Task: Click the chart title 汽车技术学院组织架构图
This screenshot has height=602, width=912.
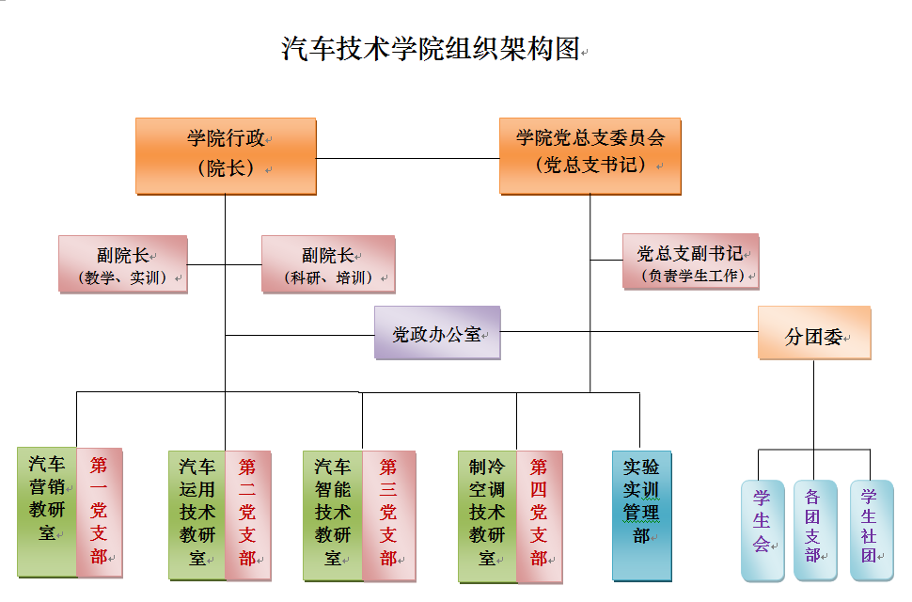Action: tap(432, 49)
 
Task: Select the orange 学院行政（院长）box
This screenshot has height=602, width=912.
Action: tap(225, 155)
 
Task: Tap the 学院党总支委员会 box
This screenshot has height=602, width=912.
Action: tap(590, 155)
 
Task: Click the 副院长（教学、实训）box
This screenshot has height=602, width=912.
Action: tap(122, 263)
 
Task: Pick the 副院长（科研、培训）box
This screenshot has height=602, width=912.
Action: tap(327, 263)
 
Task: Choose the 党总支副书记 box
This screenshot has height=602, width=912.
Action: tap(690, 261)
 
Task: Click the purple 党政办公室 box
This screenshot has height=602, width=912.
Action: tap(436, 332)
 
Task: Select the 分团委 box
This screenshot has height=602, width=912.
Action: tap(814, 332)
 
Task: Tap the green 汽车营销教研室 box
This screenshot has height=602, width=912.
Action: tap(46, 511)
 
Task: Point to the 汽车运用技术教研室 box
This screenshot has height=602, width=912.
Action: tap(197, 514)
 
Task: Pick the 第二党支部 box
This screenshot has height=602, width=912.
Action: tap(248, 514)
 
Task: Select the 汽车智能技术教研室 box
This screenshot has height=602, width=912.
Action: tap(332, 514)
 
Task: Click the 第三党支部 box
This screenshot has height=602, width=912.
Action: tap(388, 514)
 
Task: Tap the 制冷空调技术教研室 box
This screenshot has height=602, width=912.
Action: tap(487, 514)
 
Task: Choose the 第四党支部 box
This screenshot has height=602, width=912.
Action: tap(539, 514)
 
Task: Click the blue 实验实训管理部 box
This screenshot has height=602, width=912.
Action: tap(641, 514)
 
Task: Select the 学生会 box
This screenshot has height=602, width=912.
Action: tap(762, 530)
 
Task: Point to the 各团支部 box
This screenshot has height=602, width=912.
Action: tap(814, 530)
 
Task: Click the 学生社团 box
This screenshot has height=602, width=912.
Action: tap(870, 530)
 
